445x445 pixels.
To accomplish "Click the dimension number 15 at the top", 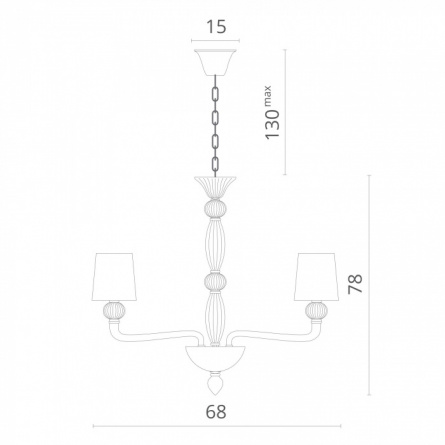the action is coord(216,27).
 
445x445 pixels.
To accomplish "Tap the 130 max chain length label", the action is coord(272,113).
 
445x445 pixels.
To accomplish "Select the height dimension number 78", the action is coord(355,284).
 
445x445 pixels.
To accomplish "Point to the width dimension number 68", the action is coord(216,412).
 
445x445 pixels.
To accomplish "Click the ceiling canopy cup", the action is coord(215,62).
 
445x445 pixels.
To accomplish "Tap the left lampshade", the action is coord(115,277).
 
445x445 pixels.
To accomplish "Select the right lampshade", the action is coord(317,277).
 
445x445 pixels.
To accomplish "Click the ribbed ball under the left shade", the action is coord(115,311).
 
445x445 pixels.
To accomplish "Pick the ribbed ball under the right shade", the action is coord(317,311).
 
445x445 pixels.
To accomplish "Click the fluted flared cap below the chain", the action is coord(215,188).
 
